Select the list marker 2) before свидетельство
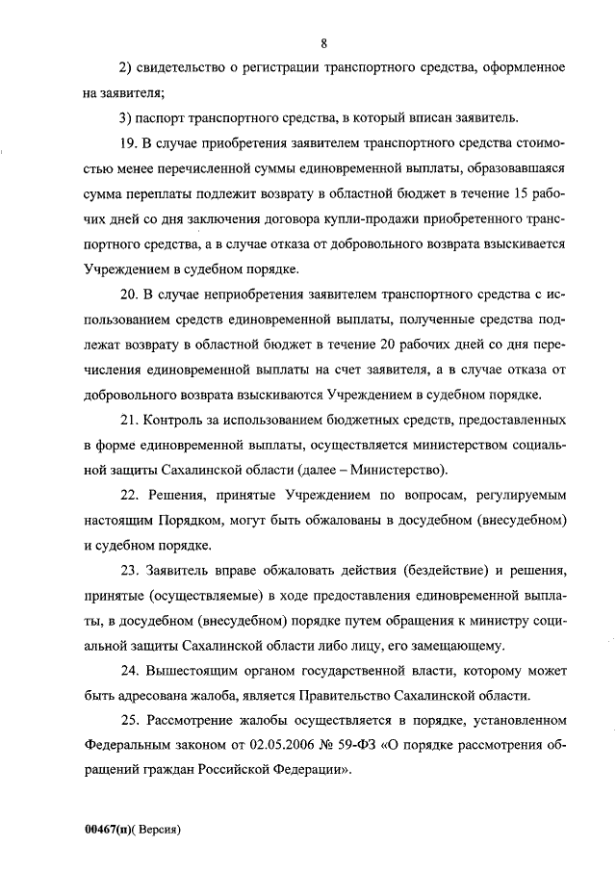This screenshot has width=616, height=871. pos(124,68)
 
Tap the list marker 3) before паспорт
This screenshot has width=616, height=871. pos(124,118)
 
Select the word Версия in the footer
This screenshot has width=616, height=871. pos(160,828)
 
